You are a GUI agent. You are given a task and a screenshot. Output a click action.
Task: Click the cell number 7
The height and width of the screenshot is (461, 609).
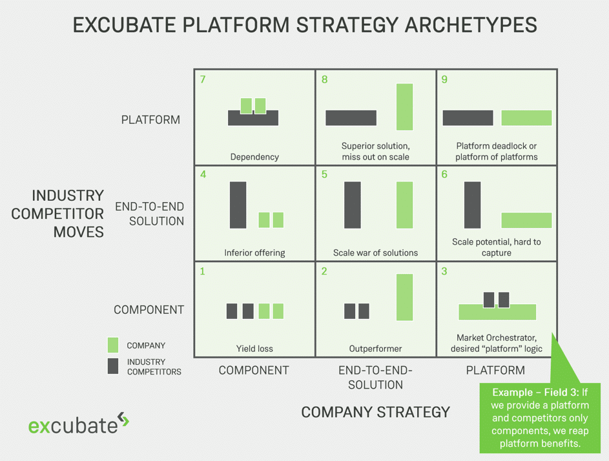pyautogui.click(x=203, y=79)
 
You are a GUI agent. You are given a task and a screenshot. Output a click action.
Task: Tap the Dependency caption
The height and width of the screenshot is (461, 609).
pyautogui.click(x=254, y=157)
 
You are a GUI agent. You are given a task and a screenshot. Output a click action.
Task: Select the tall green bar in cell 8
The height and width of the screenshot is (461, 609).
pyautogui.click(x=404, y=107)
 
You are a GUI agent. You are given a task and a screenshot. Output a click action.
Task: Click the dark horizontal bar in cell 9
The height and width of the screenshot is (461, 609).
pyautogui.click(x=468, y=118)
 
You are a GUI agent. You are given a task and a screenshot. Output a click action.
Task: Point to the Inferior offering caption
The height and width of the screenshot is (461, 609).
pyautogui.click(x=254, y=253)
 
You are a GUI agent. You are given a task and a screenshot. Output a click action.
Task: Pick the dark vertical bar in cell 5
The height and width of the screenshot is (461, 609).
pyautogui.click(x=352, y=205)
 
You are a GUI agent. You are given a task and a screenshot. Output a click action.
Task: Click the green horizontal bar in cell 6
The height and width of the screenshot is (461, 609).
pyautogui.click(x=526, y=220)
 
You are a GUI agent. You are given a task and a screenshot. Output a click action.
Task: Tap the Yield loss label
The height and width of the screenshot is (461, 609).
pyautogui.click(x=254, y=349)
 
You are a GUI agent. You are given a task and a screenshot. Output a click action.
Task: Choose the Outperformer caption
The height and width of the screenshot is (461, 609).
pyautogui.click(x=375, y=349)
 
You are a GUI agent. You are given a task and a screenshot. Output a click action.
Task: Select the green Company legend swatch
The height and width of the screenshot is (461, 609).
pyautogui.click(x=112, y=345)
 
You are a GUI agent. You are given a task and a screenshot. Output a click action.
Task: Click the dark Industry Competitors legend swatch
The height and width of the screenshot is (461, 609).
pyautogui.click(x=112, y=366)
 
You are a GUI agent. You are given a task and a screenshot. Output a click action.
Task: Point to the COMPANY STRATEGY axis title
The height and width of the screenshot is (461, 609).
pyautogui.click(x=375, y=412)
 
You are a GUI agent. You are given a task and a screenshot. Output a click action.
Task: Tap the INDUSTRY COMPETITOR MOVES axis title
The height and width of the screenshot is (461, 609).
pyautogui.click(x=57, y=214)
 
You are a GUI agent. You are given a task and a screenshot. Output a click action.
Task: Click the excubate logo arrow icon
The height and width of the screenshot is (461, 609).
pyautogui.click(x=123, y=420)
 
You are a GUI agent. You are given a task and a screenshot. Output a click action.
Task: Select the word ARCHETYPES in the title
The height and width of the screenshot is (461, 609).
pyautogui.click(x=471, y=25)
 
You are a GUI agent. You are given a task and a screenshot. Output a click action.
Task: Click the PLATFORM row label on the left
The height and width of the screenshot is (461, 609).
pyautogui.click(x=150, y=119)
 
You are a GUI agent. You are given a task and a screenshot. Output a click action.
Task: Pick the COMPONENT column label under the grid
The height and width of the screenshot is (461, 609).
pyautogui.click(x=254, y=370)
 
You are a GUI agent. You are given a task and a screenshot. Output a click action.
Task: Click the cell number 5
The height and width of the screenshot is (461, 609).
pyautogui.click(x=324, y=174)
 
